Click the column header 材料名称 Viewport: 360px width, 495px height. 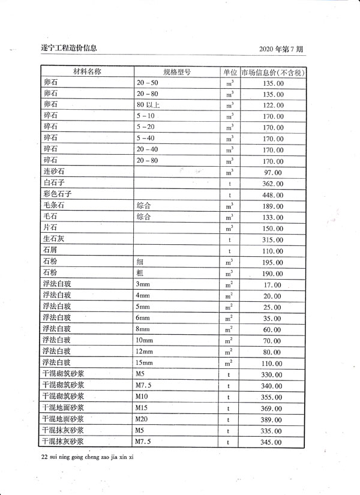87,71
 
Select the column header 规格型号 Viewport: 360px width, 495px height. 176,71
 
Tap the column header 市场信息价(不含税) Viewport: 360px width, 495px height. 273,73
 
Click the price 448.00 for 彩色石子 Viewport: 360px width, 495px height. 273,196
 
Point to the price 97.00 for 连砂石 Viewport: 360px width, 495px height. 273,173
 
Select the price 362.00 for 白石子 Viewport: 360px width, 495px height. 273,184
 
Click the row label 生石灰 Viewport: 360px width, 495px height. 53,239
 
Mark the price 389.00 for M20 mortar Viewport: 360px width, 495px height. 273,420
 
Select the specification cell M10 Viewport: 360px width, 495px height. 142,396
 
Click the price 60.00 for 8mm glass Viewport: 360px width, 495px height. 273,330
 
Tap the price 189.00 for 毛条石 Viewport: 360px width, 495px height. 273,207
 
